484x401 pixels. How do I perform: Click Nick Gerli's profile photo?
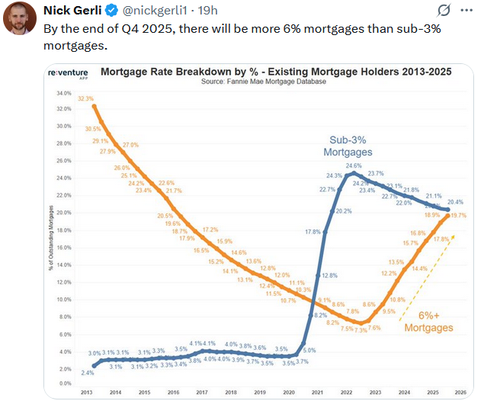(19, 18)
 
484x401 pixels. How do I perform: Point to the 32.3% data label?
(85, 98)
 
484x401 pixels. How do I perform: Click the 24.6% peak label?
(354, 165)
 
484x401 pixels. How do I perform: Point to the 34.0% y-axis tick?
(63, 92)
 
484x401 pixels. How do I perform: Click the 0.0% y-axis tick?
(64, 383)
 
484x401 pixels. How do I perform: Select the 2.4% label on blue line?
(88, 373)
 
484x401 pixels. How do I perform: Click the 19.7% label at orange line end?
(458, 217)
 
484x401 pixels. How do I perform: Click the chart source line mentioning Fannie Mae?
(263, 82)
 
